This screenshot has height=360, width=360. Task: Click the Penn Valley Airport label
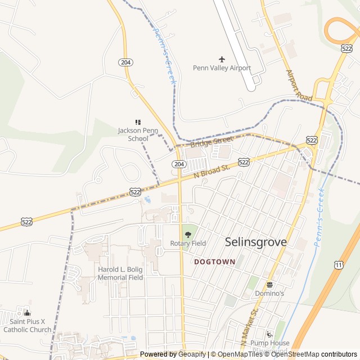[x=222, y=68]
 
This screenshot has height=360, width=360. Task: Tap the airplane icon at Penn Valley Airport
[x=222, y=59]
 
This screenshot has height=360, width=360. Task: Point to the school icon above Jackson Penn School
[x=137, y=122]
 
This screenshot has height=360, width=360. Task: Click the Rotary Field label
[x=188, y=244]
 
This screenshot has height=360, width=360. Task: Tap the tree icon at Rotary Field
[x=188, y=234]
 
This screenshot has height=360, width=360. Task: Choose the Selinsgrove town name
[x=255, y=242]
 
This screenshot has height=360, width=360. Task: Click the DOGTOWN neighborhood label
[x=214, y=262]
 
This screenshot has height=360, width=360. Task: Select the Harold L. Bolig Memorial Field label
[x=120, y=273]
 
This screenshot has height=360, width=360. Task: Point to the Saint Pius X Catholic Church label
[x=27, y=326]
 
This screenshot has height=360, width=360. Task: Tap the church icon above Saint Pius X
[x=27, y=313]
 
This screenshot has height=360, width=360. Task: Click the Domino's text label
[x=269, y=294]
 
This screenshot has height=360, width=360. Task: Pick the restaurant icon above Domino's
[x=269, y=285]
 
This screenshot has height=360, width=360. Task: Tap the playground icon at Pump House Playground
[x=269, y=334]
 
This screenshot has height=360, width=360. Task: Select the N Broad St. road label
[x=212, y=172]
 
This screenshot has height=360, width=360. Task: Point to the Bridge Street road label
[x=211, y=141]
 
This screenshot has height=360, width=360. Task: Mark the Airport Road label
[x=298, y=85]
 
